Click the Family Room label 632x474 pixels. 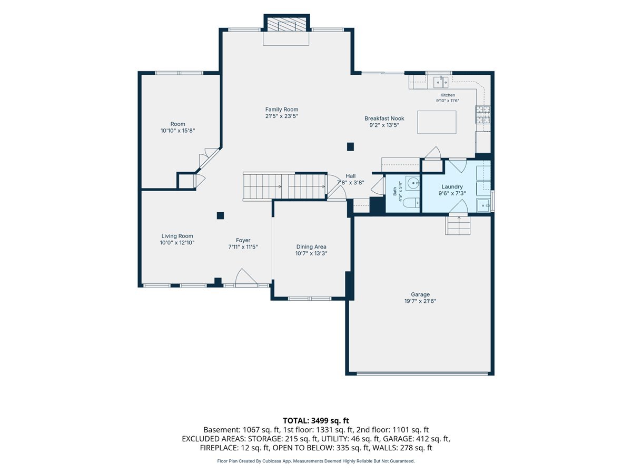point(281,110)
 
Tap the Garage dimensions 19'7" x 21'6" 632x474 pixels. point(420,301)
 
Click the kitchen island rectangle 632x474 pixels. point(437,122)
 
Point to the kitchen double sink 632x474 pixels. point(440,82)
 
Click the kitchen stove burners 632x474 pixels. point(482,115)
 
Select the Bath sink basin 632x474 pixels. point(413,183)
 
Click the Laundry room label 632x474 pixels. point(452,187)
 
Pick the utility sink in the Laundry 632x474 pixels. point(483,205)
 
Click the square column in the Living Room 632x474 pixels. point(220,215)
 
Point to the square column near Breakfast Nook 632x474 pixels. point(350,147)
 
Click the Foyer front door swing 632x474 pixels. point(245,277)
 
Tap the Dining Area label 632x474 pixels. point(311,246)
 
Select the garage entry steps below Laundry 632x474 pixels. point(458,225)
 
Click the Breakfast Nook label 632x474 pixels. point(384,118)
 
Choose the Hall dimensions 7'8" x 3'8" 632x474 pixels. point(350,182)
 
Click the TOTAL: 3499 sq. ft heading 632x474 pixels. point(316,421)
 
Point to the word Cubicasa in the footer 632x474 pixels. point(272,461)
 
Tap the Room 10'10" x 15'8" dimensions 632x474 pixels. point(177,131)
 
